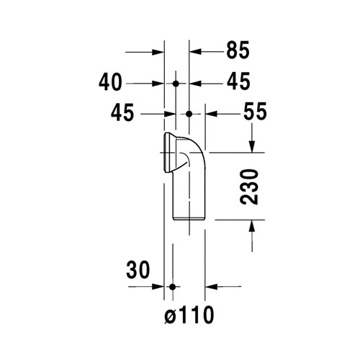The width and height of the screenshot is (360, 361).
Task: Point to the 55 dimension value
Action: click(x=233, y=114)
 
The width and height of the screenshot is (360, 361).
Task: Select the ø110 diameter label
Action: click(x=189, y=315)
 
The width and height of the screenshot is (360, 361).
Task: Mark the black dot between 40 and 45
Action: click(x=175, y=84)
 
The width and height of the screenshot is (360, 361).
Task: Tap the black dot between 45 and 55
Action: click(x=189, y=114)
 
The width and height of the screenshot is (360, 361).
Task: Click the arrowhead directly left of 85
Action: click(x=196, y=52)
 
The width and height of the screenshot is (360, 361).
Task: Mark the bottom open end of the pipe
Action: click(x=189, y=217)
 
